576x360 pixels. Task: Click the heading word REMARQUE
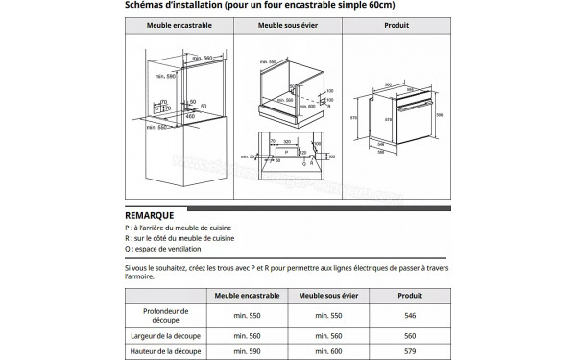click(x=149, y=216)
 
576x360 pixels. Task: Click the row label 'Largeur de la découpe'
click(x=163, y=335)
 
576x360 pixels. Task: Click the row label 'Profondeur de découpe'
click(x=163, y=315)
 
